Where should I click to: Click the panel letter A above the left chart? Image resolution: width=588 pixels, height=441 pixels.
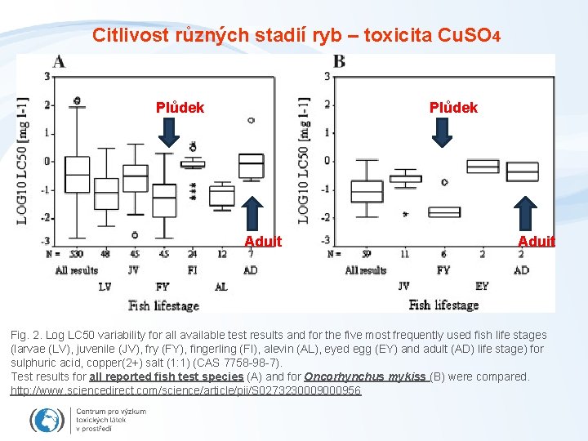59,62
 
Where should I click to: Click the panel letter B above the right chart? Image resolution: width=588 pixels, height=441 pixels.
339,62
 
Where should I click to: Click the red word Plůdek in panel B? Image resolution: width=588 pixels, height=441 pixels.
454,108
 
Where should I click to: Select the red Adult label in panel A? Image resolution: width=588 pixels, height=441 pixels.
263,241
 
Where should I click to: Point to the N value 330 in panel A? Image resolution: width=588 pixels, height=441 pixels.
77,254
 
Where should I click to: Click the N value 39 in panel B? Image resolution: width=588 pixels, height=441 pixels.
366,254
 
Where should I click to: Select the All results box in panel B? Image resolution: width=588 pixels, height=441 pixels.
366,191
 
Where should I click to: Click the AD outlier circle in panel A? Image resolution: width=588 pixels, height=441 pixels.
251,120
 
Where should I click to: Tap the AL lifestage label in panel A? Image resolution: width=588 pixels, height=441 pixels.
220,287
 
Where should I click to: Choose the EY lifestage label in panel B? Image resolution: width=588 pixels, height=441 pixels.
483,287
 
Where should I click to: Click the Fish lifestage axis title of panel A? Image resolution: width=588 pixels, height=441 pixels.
163,305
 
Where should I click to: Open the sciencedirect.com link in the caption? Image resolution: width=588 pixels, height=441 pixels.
185,391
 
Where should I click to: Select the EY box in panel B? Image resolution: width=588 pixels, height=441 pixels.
483,166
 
